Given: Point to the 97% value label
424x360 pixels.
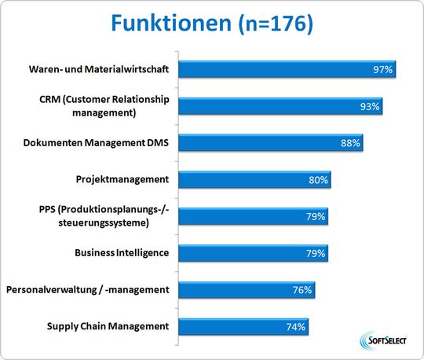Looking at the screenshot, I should pos(383,70).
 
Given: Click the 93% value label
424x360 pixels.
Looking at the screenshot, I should pos(370,107).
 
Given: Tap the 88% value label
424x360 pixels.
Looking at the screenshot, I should pos(350,143).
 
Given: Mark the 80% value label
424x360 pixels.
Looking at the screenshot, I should pos(319,180).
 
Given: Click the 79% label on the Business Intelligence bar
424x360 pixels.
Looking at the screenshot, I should pos(316,253).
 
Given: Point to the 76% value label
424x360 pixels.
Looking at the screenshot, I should pos(303,290).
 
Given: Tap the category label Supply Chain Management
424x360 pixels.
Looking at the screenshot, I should pos(108,326).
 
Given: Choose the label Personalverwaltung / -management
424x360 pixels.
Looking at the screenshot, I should pos(87,289).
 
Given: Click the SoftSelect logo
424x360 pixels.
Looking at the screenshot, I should pos(382,340).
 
